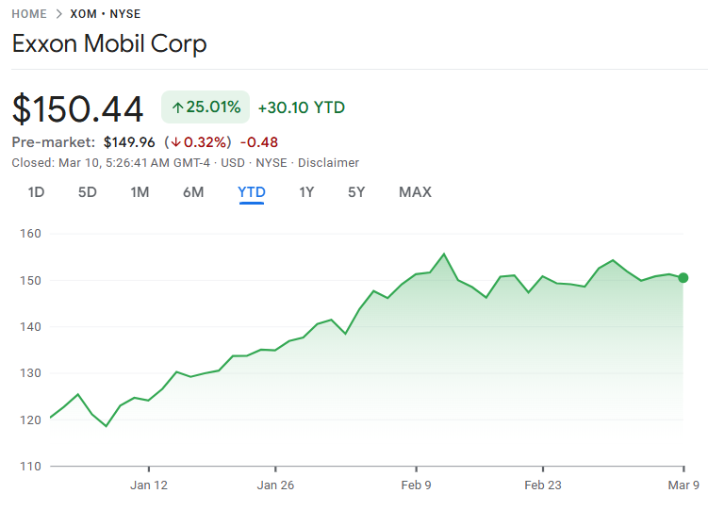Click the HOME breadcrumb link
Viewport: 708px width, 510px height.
(30, 14)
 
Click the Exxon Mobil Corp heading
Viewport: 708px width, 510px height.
(109, 43)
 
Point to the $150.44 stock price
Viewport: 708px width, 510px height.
(77, 108)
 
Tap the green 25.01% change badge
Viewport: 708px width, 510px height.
(206, 107)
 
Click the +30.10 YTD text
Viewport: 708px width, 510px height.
(301, 107)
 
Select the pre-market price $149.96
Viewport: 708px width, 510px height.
(130, 142)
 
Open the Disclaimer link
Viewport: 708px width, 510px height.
(328, 162)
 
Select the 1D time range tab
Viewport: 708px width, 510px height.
(36, 192)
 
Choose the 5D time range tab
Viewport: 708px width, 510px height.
(88, 192)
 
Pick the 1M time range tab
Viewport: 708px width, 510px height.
(140, 192)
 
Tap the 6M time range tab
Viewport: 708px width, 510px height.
(193, 192)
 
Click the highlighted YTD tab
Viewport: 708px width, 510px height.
(252, 192)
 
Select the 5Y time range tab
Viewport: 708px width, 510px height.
(356, 192)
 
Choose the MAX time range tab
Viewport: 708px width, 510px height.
(415, 192)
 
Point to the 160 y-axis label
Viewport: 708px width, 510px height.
(30, 234)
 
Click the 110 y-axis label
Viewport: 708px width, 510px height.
(30, 466)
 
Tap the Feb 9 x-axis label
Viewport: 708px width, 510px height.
(415, 485)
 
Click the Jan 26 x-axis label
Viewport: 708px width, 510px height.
(275, 485)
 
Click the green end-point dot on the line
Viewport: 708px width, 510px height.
(683, 278)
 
